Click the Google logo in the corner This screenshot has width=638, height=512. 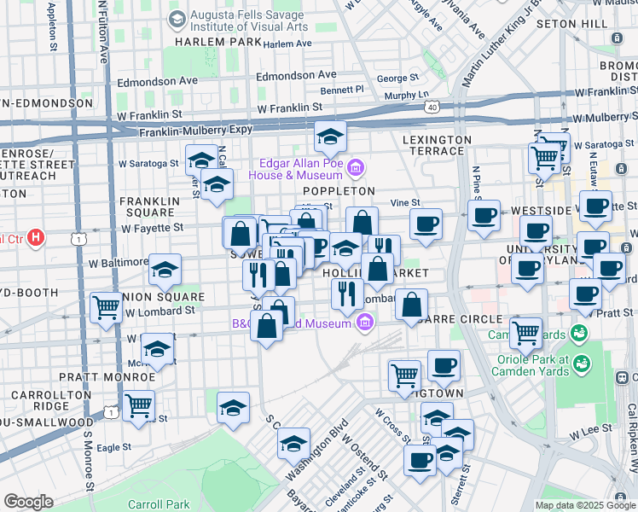[28, 502]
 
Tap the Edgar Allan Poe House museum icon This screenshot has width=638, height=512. [357, 166]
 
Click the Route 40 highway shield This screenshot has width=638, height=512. [433, 108]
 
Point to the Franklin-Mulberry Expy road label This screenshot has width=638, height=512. [191, 131]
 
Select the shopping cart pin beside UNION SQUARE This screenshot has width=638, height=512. [107, 307]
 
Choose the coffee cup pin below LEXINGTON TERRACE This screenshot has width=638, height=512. [426, 224]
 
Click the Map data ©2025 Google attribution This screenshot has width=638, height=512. [585, 505]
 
